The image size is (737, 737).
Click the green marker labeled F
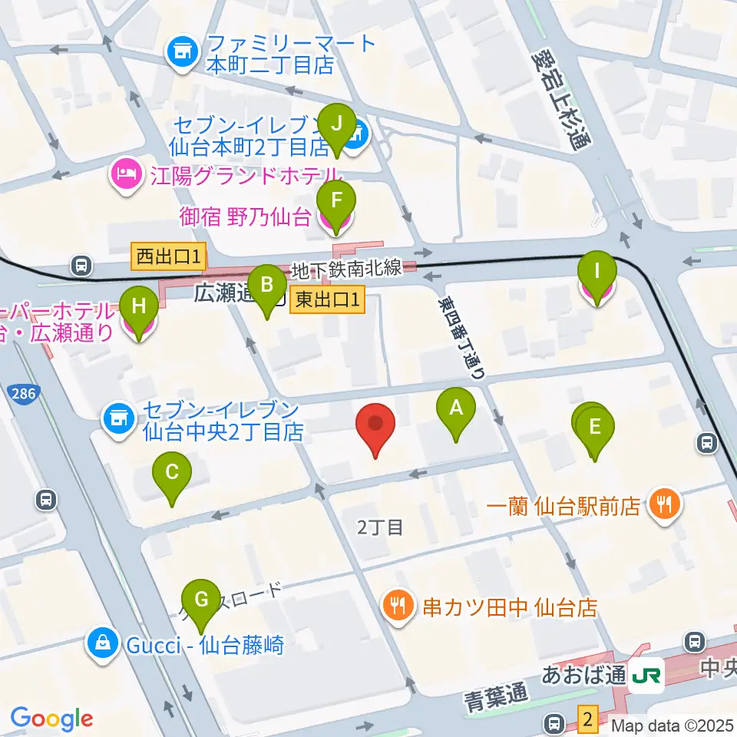(335, 204)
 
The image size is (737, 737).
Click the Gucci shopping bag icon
(101, 643)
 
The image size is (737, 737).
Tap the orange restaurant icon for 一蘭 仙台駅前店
(661, 504)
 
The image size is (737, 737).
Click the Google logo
(51, 719)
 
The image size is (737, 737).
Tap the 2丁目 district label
(381, 527)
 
